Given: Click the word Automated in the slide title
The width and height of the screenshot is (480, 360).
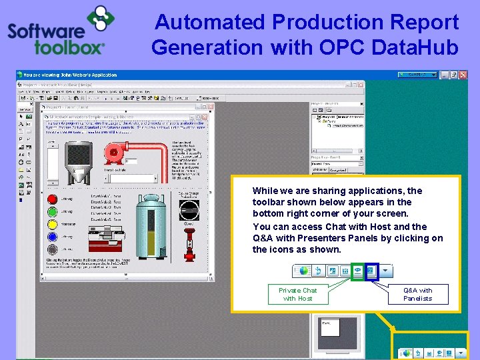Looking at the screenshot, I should (209, 22).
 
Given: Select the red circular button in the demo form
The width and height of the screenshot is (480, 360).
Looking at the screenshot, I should (52, 198).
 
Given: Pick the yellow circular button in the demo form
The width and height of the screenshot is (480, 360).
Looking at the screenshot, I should (52, 223).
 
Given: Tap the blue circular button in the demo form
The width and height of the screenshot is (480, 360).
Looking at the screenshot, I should (52, 236).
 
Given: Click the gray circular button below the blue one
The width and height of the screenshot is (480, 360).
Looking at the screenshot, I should (52, 249).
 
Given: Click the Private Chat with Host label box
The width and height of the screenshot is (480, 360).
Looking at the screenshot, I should (297, 294).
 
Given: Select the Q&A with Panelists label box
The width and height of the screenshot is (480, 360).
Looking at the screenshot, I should (418, 294).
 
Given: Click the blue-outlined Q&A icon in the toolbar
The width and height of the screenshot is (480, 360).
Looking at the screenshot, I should (371, 271).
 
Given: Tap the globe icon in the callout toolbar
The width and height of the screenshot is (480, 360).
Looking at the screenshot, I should (305, 271).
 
